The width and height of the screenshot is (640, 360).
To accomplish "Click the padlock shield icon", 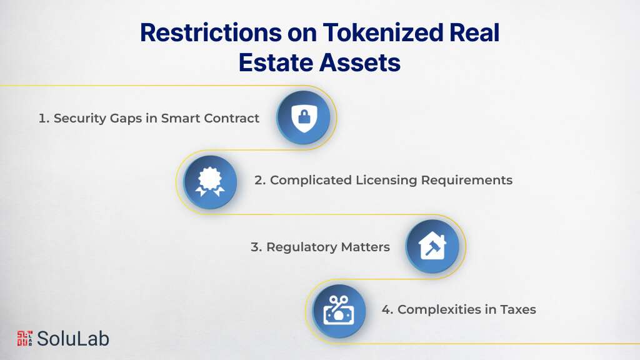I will point(303,117).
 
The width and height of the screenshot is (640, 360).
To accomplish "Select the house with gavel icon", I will point(432,246).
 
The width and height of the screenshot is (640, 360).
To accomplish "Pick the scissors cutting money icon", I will point(339,311).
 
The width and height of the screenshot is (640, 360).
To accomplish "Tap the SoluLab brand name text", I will point(73,338).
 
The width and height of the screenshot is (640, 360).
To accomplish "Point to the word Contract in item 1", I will point(232,118).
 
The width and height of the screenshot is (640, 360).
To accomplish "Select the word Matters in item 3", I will point(365,247).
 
